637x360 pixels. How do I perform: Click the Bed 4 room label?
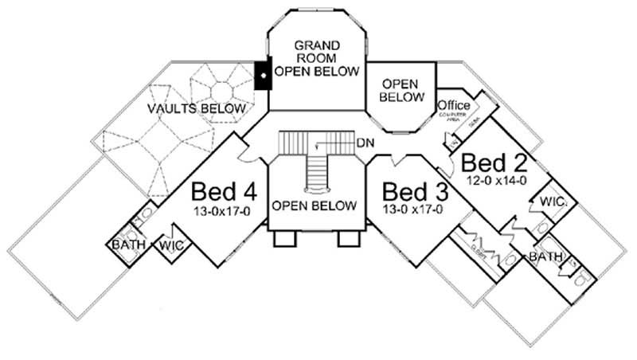tap(224, 194)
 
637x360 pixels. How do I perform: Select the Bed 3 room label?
tap(414, 193)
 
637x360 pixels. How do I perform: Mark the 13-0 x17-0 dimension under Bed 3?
tap(414, 210)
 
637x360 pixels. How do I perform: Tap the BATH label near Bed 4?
tap(127, 245)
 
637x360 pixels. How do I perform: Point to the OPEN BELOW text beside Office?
tap(401, 90)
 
